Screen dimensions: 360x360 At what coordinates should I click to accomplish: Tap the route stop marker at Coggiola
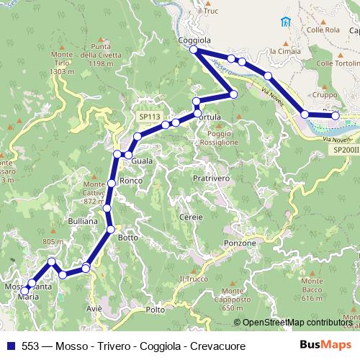pyautogui.click(x=193, y=50)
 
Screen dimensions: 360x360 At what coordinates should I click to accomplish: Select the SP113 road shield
pyautogui.click(x=150, y=115)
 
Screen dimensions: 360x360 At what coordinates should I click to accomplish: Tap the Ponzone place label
pyautogui.click(x=240, y=243)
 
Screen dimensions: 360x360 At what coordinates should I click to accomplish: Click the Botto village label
pyautogui.click(x=127, y=237)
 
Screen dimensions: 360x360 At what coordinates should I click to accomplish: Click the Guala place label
pyautogui.click(x=142, y=161)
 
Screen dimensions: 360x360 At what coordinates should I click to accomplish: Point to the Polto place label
pyautogui.click(x=155, y=310)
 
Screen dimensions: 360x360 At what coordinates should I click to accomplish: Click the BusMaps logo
pyautogui.click(x=325, y=346)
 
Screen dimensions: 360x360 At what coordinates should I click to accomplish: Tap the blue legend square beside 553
pyautogui.click(x=11, y=346)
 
